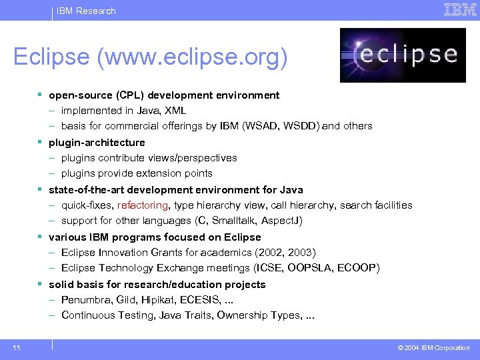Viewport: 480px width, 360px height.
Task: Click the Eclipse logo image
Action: tap(399, 55)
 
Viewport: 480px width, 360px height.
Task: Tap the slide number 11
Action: tap(16, 347)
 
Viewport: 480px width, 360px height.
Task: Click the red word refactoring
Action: tap(143, 205)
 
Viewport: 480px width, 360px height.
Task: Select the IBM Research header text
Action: tap(86, 11)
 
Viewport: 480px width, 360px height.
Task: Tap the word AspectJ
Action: tap(285, 221)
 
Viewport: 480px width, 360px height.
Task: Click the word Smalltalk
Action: tap(235, 221)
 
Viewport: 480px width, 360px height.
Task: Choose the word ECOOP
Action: tap(358, 268)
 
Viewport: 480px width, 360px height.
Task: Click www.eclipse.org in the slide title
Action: tap(190, 57)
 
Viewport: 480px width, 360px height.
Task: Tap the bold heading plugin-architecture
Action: tap(97, 143)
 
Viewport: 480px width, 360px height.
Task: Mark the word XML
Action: tap(175, 111)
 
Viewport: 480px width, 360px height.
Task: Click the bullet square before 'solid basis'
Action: tap(41, 284)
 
